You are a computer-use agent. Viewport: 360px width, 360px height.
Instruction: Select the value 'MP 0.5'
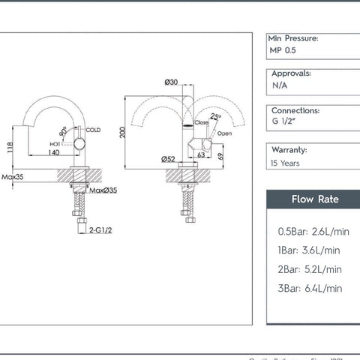pyautogui.click(x=283, y=50)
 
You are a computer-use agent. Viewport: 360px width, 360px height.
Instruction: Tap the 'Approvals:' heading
pyautogui.click(x=291, y=74)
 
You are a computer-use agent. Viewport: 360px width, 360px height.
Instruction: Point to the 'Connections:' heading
pyautogui.click(x=295, y=110)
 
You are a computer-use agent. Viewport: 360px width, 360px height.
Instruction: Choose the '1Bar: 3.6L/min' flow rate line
pyautogui.click(x=308, y=250)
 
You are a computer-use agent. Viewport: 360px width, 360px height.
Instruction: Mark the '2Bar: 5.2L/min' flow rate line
pyautogui.click(x=310, y=269)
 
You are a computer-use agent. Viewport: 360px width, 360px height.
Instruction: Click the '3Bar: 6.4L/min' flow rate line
pyautogui.click(x=310, y=288)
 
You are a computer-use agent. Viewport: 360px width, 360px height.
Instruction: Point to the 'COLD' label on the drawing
pyautogui.click(x=93, y=130)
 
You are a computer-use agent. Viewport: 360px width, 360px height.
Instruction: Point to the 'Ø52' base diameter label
pyautogui.click(x=168, y=158)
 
